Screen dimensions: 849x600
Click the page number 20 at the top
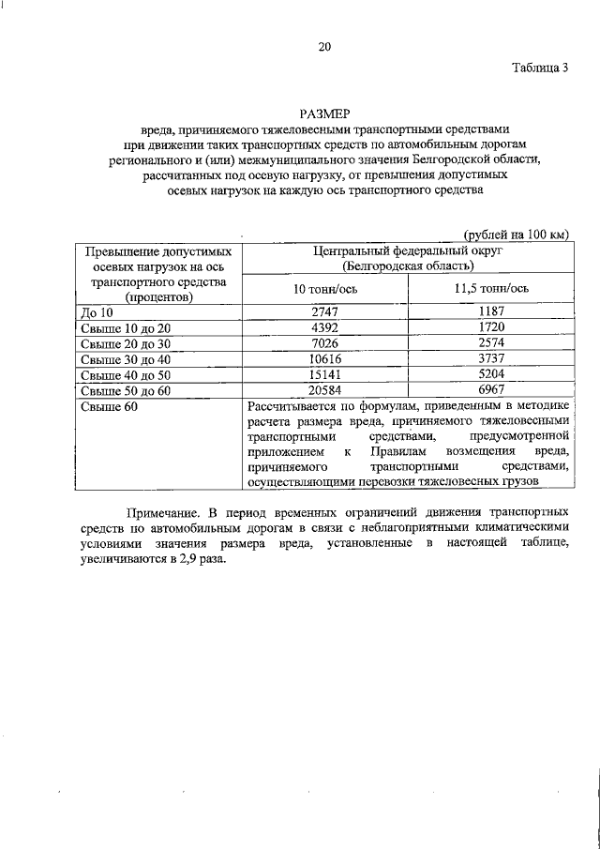click(324, 51)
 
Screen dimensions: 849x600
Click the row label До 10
click(96, 312)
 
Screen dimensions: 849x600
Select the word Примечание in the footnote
click(160, 514)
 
